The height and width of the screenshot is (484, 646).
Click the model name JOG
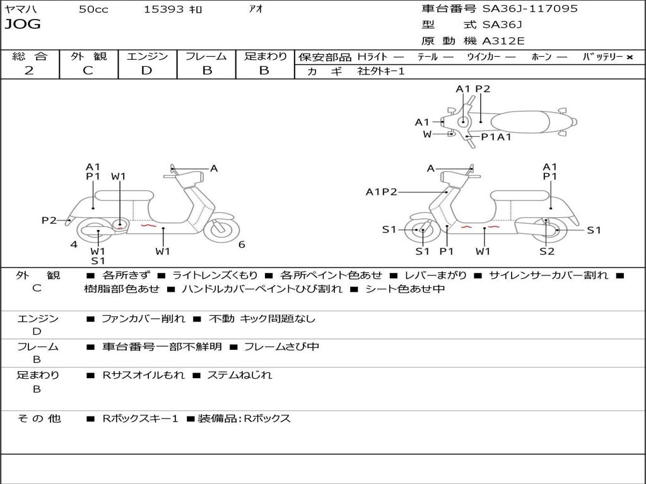coord(23,25)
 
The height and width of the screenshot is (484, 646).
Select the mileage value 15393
coord(164,9)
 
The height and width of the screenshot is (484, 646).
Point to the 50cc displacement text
coord(93,9)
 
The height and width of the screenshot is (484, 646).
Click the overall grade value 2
coord(29,71)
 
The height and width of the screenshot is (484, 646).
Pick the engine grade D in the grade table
coord(146,71)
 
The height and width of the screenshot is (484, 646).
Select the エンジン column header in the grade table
coord(147,57)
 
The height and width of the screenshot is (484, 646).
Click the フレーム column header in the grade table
coord(206,57)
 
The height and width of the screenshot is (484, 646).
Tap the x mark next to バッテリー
coord(629,57)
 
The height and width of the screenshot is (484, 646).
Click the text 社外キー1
coord(381,71)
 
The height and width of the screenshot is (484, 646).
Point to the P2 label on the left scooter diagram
coord(49,220)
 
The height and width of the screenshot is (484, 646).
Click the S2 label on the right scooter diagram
coord(546,251)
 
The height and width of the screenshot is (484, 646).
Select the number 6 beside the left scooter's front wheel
coord(242,245)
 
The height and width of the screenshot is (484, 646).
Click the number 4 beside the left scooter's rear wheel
coord(74,245)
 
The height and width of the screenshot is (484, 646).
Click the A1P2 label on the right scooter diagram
coord(381,192)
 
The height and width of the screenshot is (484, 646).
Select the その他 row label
coord(38,418)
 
